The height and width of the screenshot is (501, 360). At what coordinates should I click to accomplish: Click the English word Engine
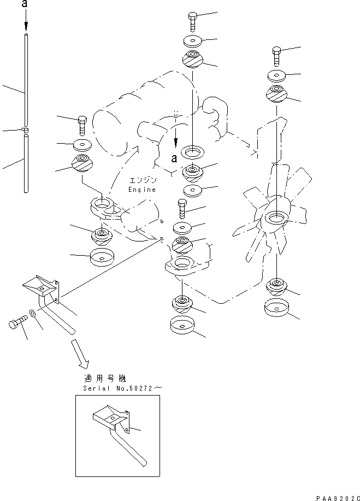click(142, 190)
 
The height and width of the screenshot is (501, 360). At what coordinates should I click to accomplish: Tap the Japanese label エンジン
click(143, 180)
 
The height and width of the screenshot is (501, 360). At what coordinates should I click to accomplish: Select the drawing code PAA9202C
click(338, 498)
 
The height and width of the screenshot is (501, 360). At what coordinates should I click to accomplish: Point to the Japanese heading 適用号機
click(105, 379)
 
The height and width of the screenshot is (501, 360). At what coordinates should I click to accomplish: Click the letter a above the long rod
click(25, 4)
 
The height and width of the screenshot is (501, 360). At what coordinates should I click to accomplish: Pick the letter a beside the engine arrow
click(174, 158)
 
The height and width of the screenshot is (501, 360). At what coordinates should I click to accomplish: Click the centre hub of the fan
click(276, 219)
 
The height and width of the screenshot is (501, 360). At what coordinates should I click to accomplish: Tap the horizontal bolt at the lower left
click(18, 322)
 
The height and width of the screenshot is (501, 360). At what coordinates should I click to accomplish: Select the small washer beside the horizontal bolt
click(32, 313)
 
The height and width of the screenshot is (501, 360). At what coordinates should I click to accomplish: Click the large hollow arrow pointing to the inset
click(80, 354)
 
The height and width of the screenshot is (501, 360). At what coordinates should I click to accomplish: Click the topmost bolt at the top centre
click(192, 22)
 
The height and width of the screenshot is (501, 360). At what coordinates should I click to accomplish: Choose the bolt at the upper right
click(276, 56)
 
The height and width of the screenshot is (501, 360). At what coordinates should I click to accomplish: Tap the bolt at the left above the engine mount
click(82, 126)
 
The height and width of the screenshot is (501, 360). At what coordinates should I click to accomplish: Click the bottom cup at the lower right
click(276, 308)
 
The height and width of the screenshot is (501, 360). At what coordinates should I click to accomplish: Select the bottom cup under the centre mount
click(182, 325)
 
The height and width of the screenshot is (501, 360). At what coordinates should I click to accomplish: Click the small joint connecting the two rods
click(25, 129)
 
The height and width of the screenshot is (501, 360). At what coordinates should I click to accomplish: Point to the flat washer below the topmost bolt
click(193, 40)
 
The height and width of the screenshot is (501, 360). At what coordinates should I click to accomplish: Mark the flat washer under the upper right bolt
click(276, 76)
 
